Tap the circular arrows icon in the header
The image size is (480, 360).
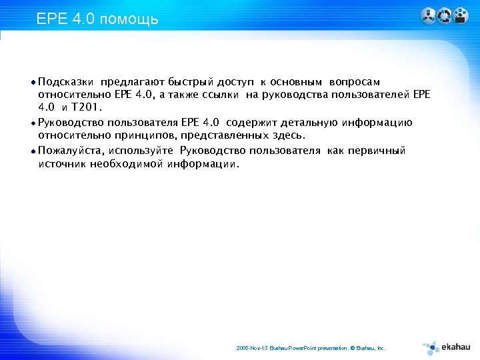tap(444, 16)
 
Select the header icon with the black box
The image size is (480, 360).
tap(461, 16)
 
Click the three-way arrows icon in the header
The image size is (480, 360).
tap(428, 16)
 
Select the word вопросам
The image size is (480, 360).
tap(355, 82)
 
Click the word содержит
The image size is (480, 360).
tap(259, 123)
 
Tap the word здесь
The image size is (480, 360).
tap(287, 135)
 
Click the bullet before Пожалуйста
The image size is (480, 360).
tap(33, 151)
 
